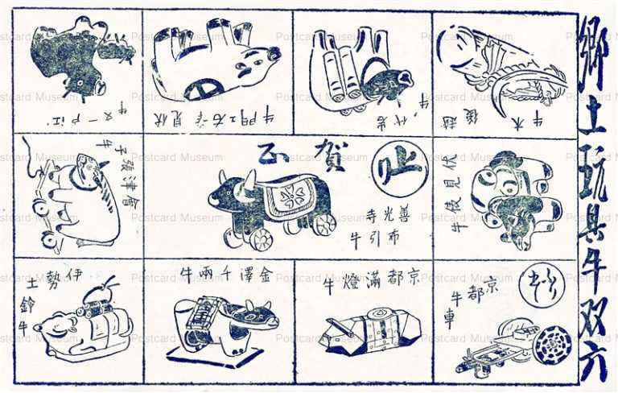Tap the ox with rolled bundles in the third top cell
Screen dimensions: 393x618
[x=358, y=68]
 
